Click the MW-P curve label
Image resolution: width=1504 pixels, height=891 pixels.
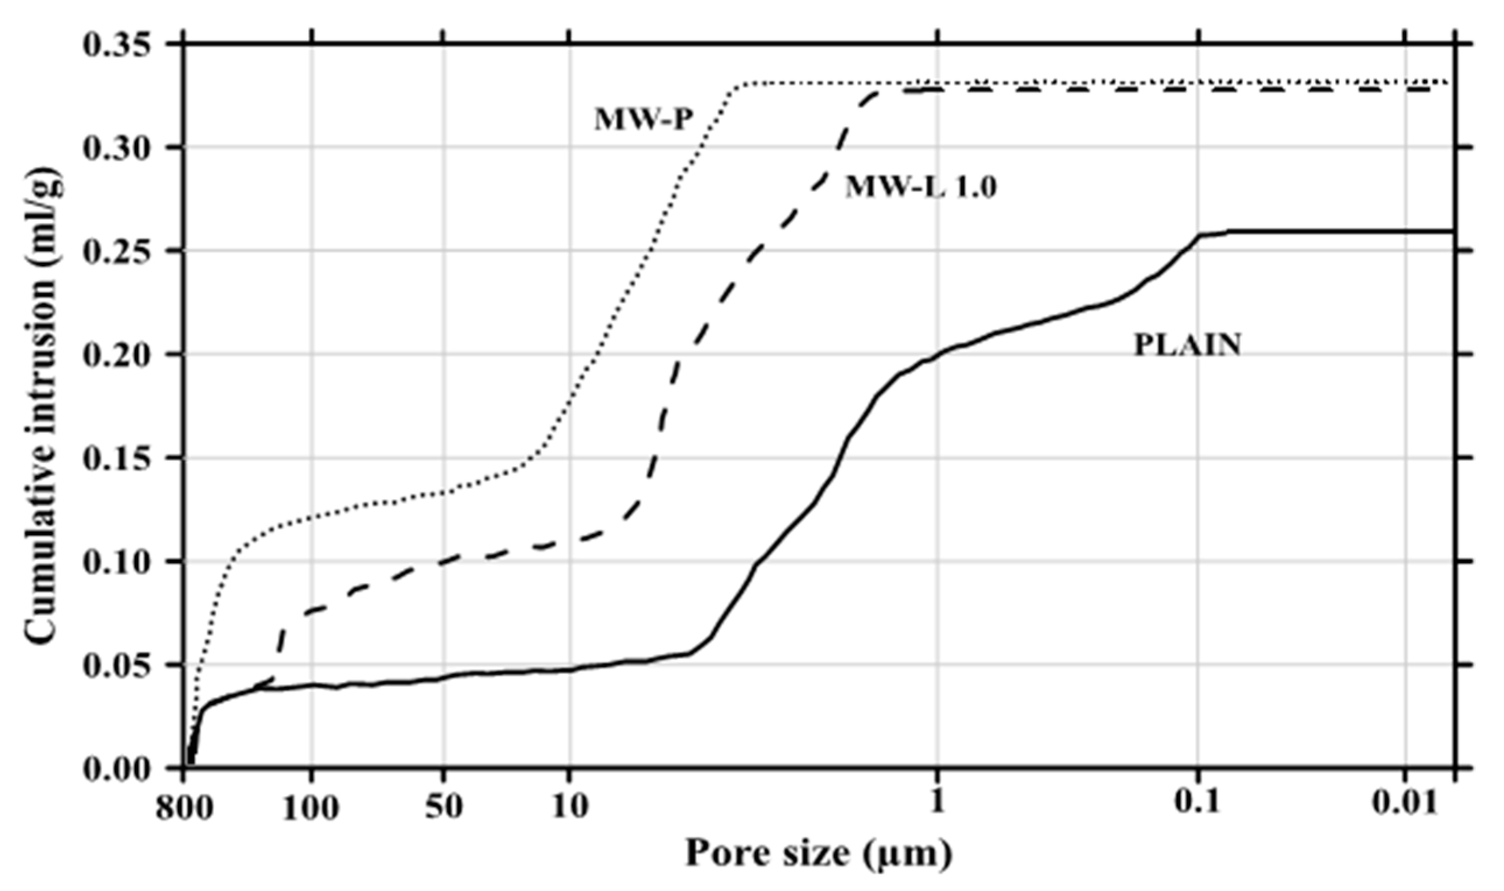644,120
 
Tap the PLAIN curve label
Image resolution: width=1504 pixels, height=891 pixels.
1187,345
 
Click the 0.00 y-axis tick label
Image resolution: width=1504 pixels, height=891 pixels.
116,769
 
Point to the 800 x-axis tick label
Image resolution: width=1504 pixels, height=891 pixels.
183,809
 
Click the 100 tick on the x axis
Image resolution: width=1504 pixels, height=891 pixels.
311,809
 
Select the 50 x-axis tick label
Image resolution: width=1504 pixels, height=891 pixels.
444,808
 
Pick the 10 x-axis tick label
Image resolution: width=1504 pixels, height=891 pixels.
570,808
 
